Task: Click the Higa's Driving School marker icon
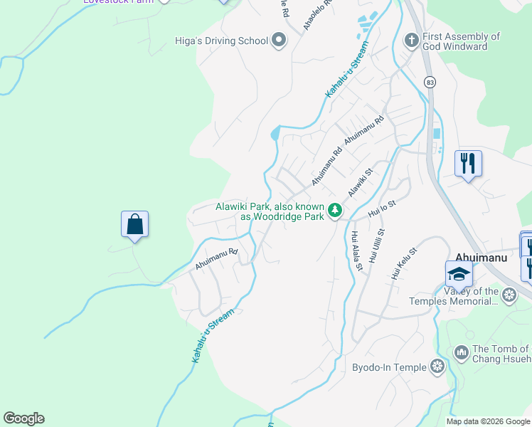(279, 41)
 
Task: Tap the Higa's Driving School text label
(221, 41)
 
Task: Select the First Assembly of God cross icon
(411, 40)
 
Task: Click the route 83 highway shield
(430, 82)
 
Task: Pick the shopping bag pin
(134, 224)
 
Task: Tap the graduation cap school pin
(459, 273)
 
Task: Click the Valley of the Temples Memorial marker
(509, 295)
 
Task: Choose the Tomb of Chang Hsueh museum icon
(462, 352)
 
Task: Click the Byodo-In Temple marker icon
(437, 367)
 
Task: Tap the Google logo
(23, 418)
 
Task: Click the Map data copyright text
(489, 421)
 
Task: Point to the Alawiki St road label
(360, 183)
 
